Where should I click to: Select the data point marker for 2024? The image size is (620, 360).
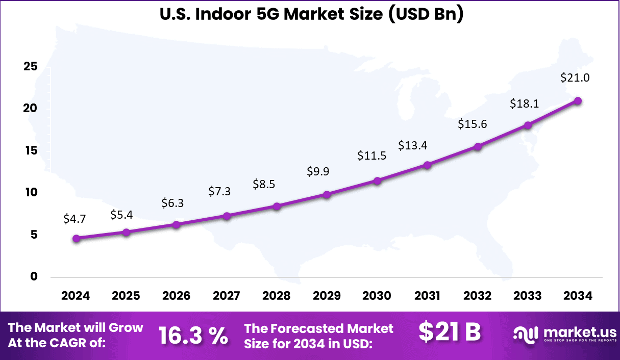[77, 238]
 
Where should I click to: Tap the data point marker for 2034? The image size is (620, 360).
[578, 100]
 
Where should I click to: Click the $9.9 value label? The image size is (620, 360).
[318, 171]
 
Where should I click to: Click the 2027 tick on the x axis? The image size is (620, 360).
[227, 296]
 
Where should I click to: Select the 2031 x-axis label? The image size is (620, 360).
[427, 296]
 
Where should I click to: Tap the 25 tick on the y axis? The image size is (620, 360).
[31, 67]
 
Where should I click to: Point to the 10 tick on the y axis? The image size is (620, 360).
[31, 193]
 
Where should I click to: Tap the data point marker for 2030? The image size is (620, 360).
[377, 181]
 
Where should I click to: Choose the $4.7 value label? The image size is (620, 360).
[75, 219]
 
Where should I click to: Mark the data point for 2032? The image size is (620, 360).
[478, 146]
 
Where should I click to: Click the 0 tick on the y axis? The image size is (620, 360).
[34, 277]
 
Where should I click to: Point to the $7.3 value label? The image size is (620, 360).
[219, 192]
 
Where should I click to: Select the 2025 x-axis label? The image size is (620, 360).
[126, 296]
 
